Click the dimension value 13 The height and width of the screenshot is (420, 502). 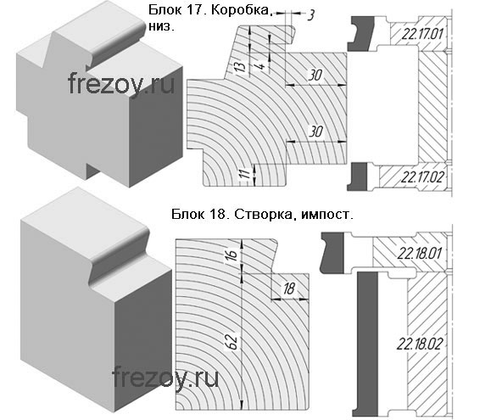coord(242,66)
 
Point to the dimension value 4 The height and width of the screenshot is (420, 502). coord(261,66)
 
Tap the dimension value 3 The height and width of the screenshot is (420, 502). coord(310,15)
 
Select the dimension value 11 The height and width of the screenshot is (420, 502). coord(245,174)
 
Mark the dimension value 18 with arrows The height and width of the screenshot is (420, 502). coord(289,288)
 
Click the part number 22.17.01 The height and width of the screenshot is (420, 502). coord(422,34)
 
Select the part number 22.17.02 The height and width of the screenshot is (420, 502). coord(422,176)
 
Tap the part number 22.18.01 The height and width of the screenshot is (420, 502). coord(420,254)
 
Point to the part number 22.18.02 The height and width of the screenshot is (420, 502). coord(420,344)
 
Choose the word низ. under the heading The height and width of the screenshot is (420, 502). coord(162,27)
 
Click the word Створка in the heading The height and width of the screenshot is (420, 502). coord(263,214)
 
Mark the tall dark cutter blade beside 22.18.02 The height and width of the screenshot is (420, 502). coord(365,344)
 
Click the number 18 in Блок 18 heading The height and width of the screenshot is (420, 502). coord(220,214)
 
